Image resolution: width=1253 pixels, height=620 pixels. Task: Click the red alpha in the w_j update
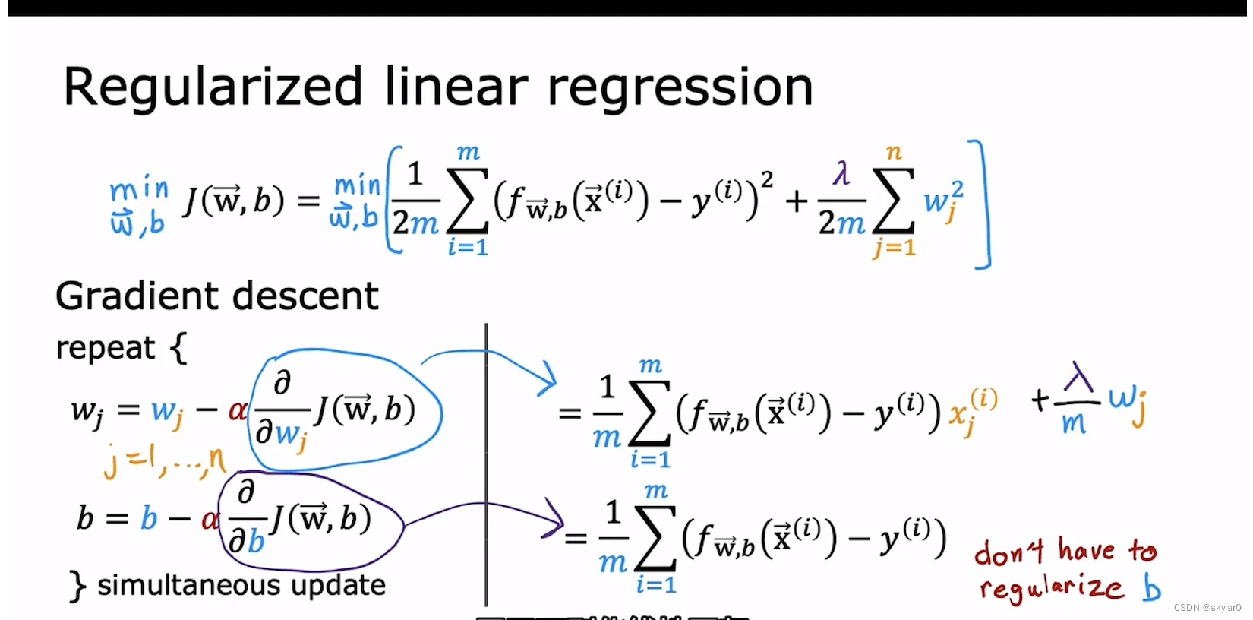[237, 412]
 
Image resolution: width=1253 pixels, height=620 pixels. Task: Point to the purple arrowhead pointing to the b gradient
[554, 519]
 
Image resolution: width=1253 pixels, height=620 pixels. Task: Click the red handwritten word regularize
[1051, 587]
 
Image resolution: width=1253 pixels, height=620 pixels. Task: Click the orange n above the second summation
[893, 152]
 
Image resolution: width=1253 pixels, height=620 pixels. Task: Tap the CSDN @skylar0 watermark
[1207, 608]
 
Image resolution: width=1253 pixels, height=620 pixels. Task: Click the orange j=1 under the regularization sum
[895, 247]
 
